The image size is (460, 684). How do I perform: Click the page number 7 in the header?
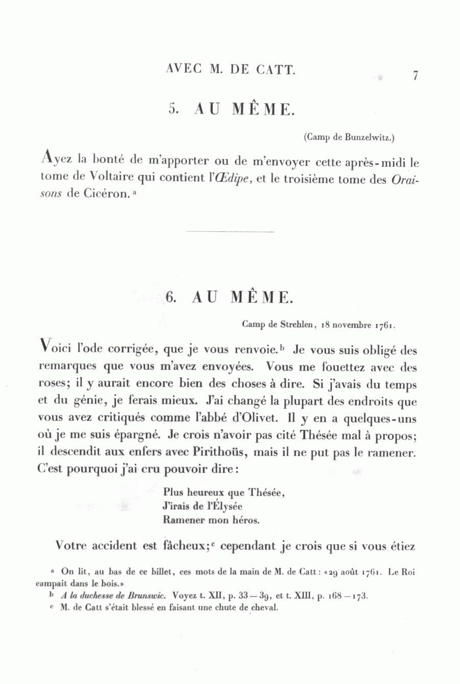coord(416,76)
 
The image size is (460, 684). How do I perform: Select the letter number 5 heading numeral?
coord(172,109)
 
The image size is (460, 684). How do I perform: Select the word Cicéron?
coord(104,195)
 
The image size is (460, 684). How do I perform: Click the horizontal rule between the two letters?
coord(231,232)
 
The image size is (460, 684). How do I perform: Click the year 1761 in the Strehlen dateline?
coord(385,324)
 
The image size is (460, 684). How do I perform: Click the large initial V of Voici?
coord(45,348)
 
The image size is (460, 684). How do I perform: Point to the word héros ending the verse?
coord(247,520)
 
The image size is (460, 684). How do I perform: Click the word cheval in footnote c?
coord(265,608)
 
